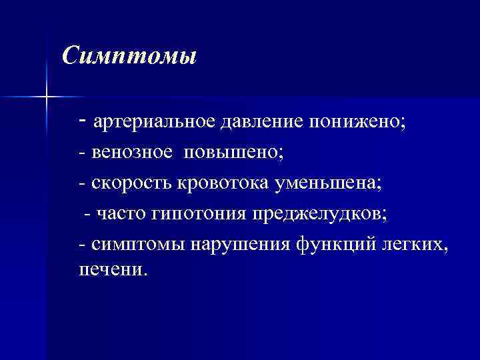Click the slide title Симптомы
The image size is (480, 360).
coord(129,55)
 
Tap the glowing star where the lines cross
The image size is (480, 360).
coord(47,97)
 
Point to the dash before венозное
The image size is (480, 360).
coord(81,153)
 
